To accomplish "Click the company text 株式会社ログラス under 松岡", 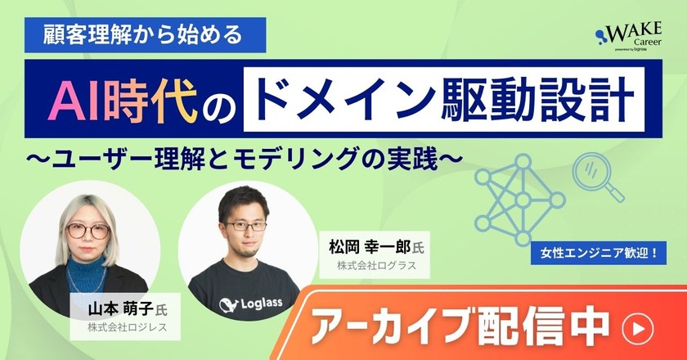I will (x=376, y=267).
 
